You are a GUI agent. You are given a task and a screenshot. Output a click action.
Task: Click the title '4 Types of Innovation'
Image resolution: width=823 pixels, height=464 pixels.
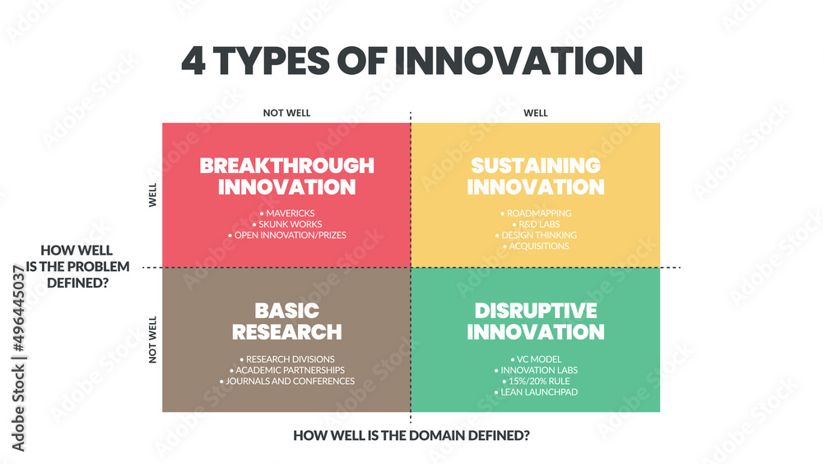pos(411,62)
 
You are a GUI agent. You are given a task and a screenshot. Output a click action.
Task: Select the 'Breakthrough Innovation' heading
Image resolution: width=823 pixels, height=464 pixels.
pos(286,176)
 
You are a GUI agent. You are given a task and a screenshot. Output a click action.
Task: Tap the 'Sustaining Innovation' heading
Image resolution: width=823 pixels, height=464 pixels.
pos(535,176)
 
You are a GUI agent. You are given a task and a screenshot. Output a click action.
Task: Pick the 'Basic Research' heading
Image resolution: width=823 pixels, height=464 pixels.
pos(286,321)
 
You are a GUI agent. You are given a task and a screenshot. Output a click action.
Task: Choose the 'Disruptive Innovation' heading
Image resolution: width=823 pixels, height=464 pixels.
pos(535,321)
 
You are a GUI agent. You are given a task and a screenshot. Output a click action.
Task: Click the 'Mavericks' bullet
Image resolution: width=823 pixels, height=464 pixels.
pos(286,213)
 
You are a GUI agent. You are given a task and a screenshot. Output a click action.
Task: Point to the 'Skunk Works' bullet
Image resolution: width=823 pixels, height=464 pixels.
pos(286,224)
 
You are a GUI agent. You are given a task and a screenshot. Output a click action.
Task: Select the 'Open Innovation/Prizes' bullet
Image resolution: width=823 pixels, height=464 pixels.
pos(286,235)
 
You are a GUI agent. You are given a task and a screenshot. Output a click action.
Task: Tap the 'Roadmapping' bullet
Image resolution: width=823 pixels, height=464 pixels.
pos(535,213)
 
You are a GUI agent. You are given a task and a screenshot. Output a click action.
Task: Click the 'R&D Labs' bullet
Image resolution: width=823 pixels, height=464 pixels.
pos(535,224)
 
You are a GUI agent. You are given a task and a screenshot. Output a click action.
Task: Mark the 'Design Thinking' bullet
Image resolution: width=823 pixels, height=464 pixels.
pos(535,235)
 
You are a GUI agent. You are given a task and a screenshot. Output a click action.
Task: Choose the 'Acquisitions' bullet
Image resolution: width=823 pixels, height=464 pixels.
pos(535,246)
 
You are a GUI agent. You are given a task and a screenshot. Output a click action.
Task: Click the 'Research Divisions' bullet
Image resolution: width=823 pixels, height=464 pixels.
pos(286,359)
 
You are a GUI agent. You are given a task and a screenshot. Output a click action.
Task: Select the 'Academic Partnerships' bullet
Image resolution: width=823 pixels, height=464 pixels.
pos(286,370)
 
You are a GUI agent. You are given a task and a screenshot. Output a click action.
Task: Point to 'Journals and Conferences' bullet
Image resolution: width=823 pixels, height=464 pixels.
pos(286,381)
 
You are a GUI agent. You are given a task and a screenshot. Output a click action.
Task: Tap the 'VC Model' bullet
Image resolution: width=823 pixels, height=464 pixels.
pos(535,359)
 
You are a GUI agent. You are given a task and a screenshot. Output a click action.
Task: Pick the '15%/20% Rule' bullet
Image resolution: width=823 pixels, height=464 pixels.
pos(535,381)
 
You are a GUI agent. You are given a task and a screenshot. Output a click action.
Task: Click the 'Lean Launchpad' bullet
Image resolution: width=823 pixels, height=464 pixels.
pos(535,391)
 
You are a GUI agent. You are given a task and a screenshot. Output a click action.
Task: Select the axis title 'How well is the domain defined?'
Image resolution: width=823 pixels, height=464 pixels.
pos(411,435)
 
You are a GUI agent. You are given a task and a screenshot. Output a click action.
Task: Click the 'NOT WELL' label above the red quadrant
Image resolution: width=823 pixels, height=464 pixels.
pos(286,113)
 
